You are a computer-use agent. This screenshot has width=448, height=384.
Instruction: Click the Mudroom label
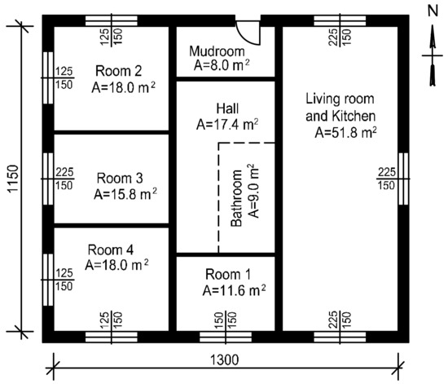click(x=217, y=51)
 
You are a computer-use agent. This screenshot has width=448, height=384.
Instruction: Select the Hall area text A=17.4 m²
click(x=227, y=125)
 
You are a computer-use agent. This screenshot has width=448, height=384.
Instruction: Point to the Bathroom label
click(x=236, y=198)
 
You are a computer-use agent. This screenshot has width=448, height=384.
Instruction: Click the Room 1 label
click(x=228, y=274)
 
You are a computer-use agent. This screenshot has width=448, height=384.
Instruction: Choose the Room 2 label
click(x=118, y=71)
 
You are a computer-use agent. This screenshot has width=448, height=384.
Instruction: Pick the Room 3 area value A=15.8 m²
click(x=125, y=194)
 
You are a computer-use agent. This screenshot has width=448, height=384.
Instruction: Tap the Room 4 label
click(x=110, y=250)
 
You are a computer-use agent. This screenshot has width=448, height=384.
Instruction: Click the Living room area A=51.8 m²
click(x=345, y=132)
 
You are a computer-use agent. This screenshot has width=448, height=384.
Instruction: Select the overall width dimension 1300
click(x=224, y=360)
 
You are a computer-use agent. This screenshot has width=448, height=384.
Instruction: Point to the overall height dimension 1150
click(x=13, y=179)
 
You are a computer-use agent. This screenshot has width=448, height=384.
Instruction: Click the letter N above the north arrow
click(x=433, y=11)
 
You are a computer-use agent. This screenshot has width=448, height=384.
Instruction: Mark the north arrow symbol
click(x=433, y=55)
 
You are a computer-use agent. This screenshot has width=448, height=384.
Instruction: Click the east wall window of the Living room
click(x=403, y=179)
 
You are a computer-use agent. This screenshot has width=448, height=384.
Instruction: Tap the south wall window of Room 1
click(x=226, y=337)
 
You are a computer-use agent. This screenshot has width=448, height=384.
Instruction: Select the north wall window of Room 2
click(x=112, y=21)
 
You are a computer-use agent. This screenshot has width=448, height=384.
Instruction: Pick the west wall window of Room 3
click(x=48, y=179)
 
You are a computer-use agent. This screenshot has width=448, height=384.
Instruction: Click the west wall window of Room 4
click(x=48, y=280)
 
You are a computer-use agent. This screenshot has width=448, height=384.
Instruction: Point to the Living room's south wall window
click(x=340, y=337)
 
